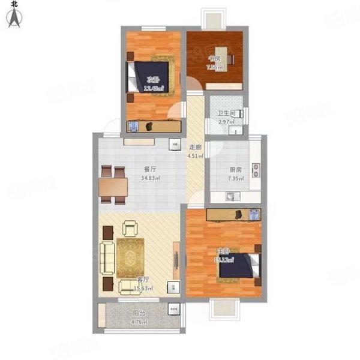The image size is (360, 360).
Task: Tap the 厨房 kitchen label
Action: tap(220, 170)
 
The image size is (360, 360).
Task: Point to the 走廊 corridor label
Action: tap(195, 148)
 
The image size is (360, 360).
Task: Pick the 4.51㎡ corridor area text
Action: tap(196, 157)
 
